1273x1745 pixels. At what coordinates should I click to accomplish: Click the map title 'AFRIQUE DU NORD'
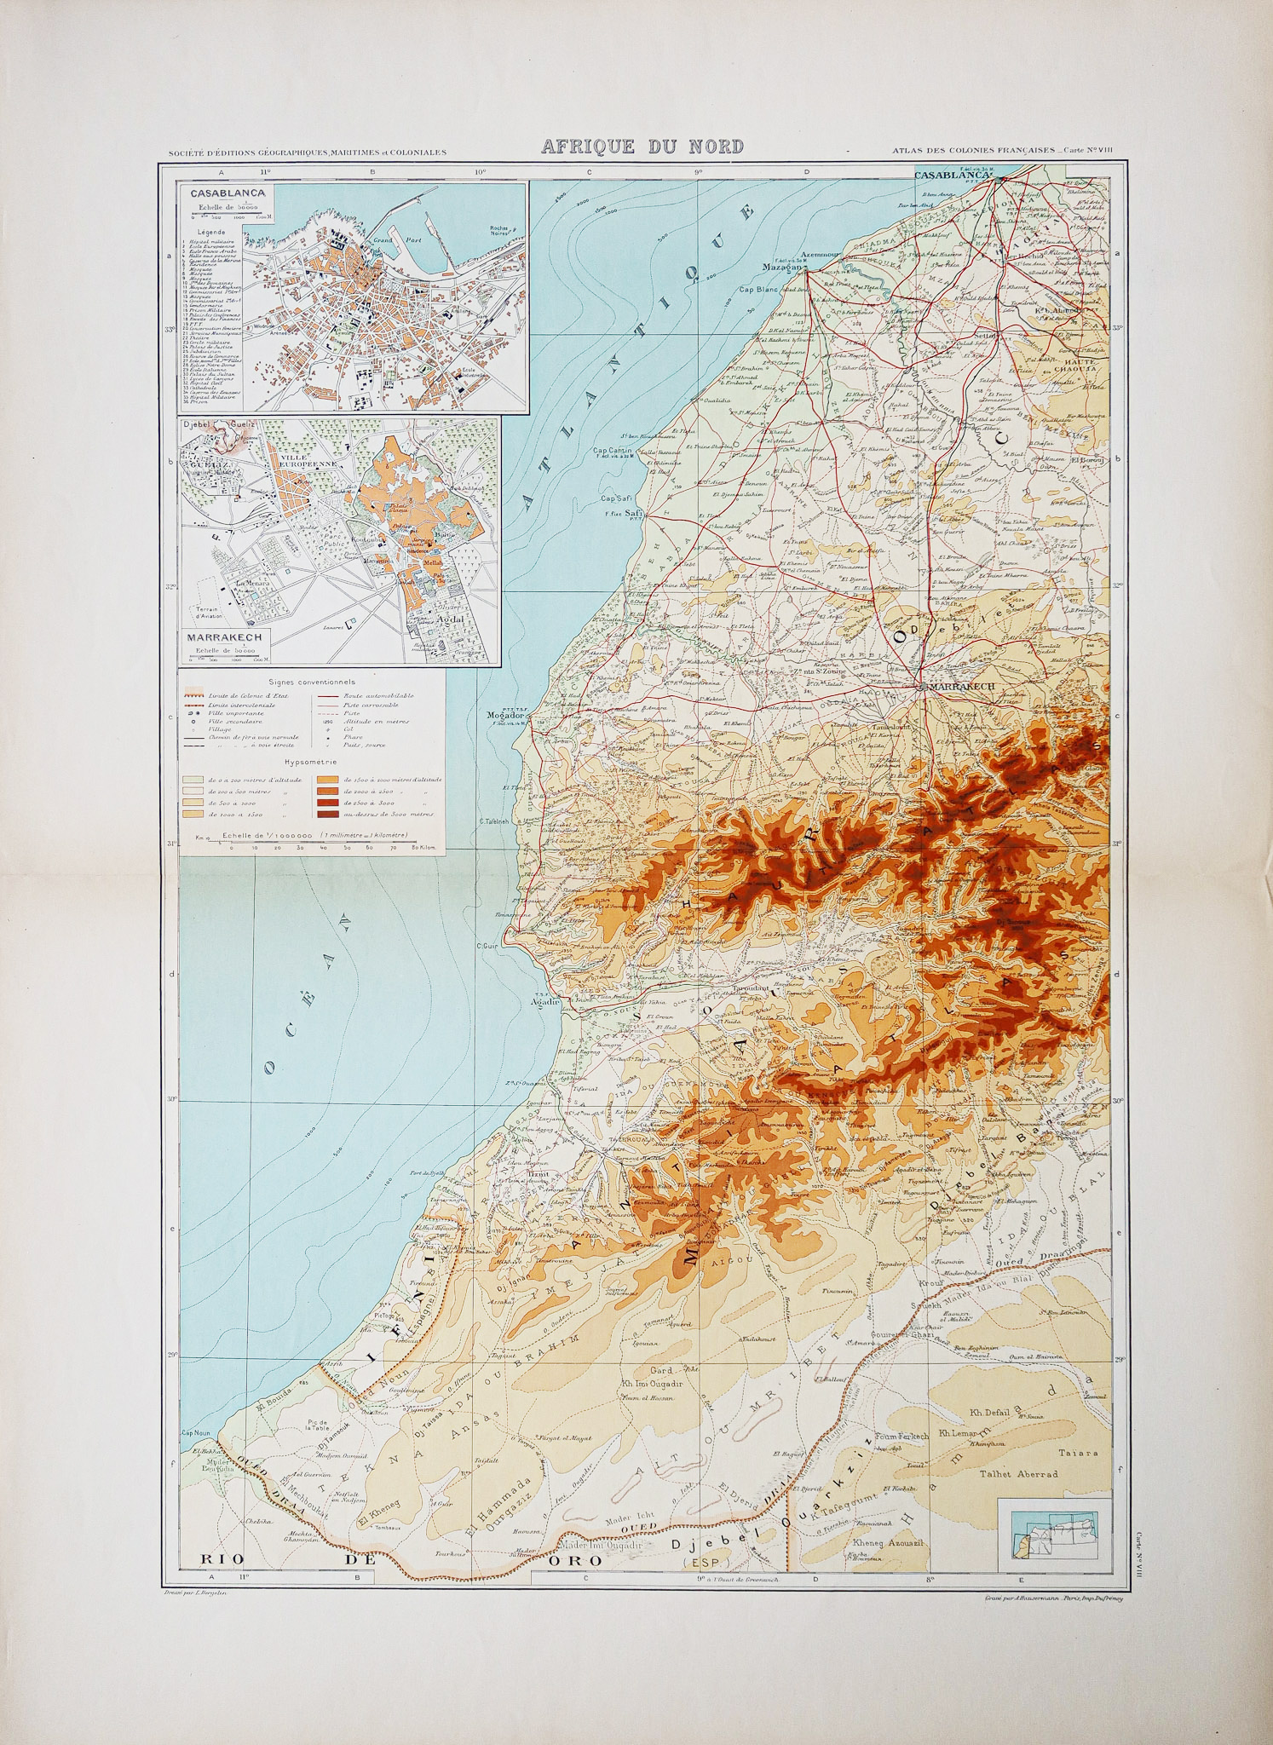tap(643, 147)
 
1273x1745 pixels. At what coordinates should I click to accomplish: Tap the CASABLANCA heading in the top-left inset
tap(227, 193)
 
